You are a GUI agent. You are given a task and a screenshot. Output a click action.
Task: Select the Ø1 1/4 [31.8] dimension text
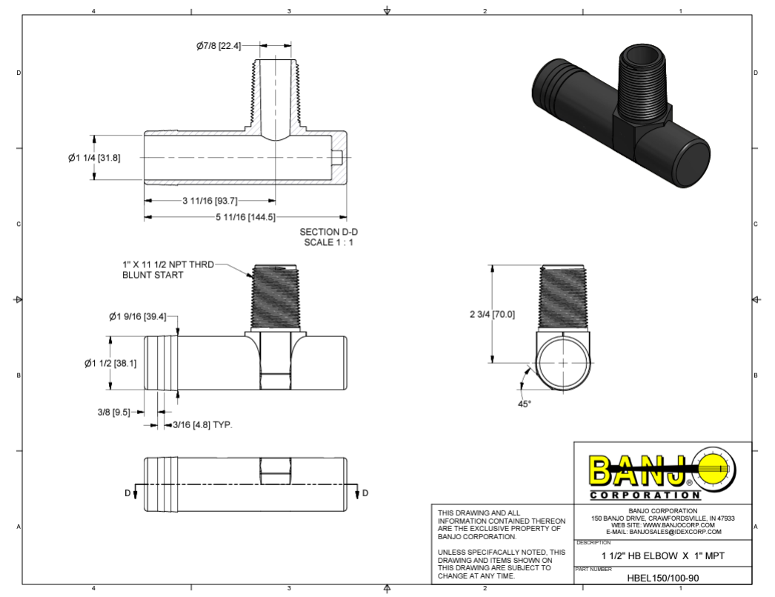94,157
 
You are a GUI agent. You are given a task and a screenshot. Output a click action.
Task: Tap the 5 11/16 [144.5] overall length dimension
245,217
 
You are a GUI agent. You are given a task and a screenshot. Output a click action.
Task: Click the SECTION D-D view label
328,232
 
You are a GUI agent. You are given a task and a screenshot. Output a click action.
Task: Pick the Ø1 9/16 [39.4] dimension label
137,317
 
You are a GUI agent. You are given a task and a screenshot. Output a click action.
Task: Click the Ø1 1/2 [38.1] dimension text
110,363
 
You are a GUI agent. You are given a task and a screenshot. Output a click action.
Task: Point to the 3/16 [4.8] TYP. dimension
202,425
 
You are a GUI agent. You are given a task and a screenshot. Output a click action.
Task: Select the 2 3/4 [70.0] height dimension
492,314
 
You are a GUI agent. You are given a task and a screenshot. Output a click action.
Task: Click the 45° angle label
524,404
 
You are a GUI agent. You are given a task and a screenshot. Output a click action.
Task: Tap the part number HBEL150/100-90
662,578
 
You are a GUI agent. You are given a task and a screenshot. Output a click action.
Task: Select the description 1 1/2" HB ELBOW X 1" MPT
662,556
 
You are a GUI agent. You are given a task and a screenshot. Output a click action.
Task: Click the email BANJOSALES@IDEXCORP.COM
663,532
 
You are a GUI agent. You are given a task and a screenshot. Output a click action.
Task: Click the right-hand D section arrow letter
365,493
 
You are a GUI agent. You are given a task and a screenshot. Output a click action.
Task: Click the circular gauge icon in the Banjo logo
716,468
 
